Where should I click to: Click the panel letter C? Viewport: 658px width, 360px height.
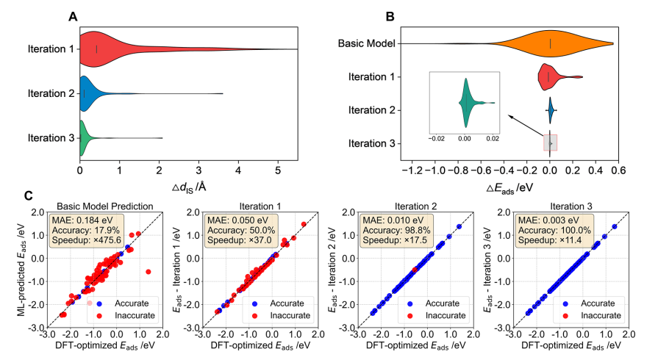(x=28, y=196)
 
